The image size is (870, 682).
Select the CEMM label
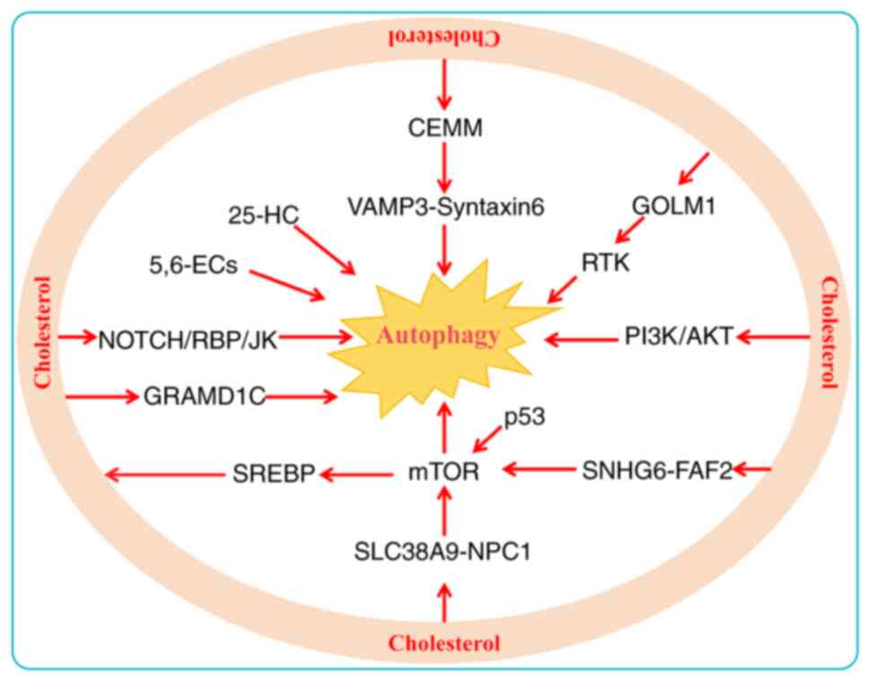tap(443, 128)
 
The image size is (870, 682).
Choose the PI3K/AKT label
tap(680, 337)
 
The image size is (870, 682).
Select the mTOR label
tap(444, 469)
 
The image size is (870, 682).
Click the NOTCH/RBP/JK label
tap(189, 338)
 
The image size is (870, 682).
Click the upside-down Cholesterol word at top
tap(443, 38)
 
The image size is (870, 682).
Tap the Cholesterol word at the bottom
tap(444, 643)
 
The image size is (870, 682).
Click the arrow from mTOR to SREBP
tap(358, 471)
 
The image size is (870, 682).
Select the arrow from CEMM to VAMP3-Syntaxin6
tap(444, 169)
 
